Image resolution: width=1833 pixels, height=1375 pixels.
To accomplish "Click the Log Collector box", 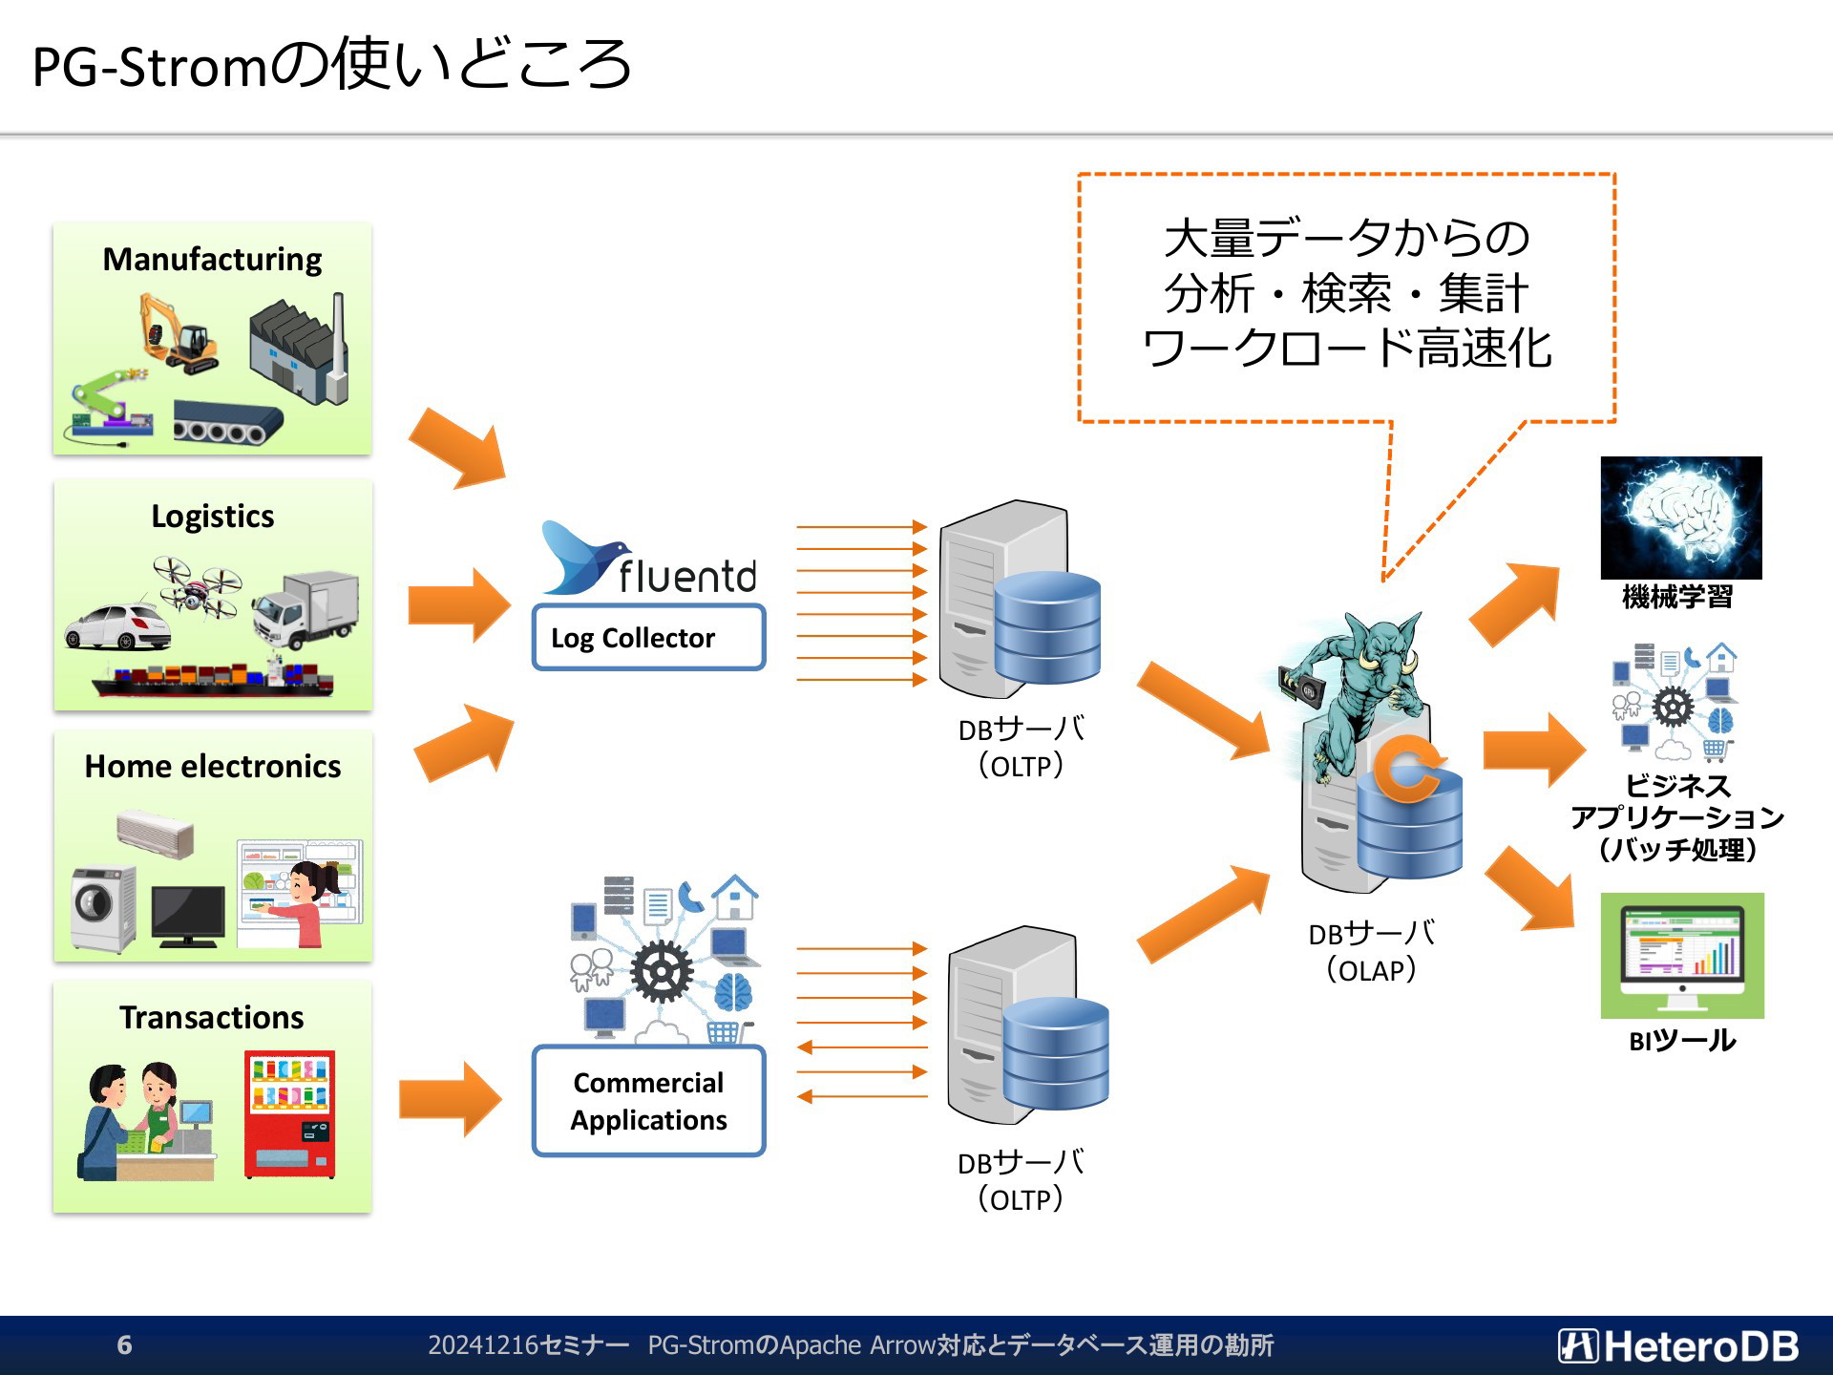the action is pos(649,637).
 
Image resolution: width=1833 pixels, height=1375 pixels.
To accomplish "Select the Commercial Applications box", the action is pos(649,1101).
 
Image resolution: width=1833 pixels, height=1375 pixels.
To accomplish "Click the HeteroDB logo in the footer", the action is pos(1678,1345).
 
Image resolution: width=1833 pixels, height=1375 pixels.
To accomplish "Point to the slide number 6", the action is pos(124,1344).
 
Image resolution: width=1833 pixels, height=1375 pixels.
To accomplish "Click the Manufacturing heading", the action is pos(212,259).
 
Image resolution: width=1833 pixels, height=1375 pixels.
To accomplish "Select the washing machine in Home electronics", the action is pos(104,908).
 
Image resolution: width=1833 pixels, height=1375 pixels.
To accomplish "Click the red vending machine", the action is pos(289,1114).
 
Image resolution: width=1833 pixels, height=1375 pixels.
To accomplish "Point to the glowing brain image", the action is pos(1681,518).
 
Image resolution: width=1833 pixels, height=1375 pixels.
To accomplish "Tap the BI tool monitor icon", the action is pos(1682,956).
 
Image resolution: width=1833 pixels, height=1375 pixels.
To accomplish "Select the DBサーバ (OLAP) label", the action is pos(1371,951).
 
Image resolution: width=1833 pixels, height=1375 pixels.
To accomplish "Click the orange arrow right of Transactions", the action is pos(450,1099).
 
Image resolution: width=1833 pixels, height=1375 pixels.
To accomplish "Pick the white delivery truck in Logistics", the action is pos(305,609).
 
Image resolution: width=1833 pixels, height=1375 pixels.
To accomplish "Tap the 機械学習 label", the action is pos(1677,597).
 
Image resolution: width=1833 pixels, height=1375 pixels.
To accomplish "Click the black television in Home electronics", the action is pos(188,916).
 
